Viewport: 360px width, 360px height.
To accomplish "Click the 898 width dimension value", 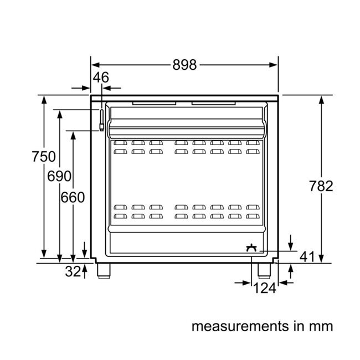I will point(184,65).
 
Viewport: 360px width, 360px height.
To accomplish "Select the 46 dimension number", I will point(101,78).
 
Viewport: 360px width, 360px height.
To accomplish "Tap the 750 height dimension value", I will point(43,157).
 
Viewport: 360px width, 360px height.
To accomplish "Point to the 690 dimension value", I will point(59,177).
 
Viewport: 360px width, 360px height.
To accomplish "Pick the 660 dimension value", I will point(73,197).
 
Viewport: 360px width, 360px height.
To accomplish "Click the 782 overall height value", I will point(321,186).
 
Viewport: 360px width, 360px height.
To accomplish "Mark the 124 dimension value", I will point(264,289).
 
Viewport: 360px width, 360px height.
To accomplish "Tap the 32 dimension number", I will point(73,271).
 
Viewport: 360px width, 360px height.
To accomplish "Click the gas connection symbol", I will point(253,247).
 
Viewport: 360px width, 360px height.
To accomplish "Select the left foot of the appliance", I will point(103,270).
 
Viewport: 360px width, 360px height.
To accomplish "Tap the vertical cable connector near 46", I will point(101,119).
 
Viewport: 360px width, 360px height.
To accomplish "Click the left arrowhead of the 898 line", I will point(94,65).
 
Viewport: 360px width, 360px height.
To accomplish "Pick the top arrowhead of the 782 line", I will point(322,99).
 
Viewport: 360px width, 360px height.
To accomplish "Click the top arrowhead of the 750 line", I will point(43,99).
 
